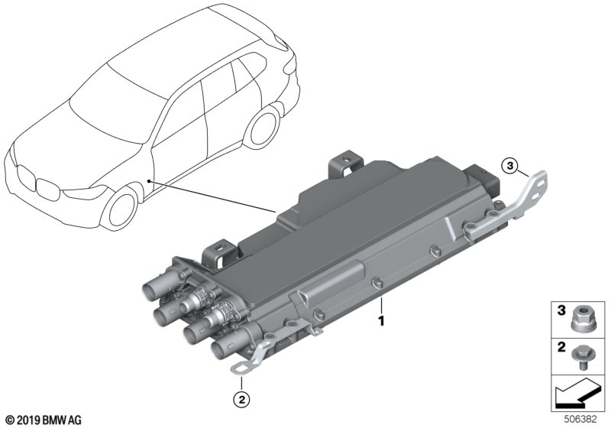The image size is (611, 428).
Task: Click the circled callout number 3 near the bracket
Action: click(510, 166)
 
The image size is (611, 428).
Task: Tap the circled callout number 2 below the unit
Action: click(241, 399)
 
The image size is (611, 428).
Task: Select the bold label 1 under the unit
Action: click(381, 321)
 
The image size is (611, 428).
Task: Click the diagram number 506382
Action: click(580, 420)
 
